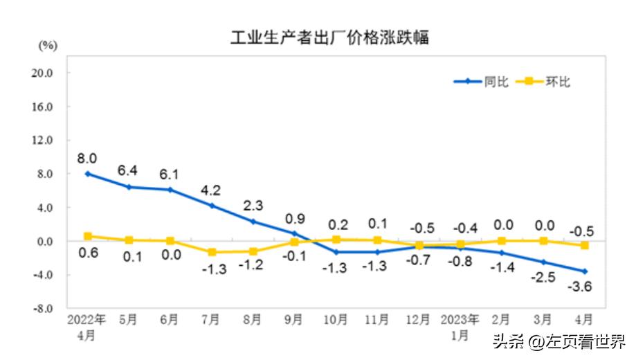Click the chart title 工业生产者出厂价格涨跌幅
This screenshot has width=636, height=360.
[x=329, y=37]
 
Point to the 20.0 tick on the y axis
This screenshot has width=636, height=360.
[x=43, y=73]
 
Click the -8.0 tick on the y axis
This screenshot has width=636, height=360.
[x=43, y=309]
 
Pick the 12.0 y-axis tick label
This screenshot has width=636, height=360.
[x=43, y=141]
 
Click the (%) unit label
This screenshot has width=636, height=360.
[x=47, y=46]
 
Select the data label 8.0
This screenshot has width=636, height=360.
[x=87, y=157]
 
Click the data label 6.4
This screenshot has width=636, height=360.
[x=128, y=170]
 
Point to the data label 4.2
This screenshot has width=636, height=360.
[x=211, y=189]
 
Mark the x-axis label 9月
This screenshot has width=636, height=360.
[x=293, y=320]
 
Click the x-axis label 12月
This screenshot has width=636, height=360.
[x=418, y=320]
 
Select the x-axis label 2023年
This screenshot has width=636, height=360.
[x=460, y=320]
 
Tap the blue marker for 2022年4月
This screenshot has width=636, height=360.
[x=87, y=174]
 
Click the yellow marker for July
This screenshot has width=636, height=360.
[x=212, y=253]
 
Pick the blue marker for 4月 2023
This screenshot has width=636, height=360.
[x=585, y=271]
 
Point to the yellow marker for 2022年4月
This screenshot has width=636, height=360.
[x=87, y=236]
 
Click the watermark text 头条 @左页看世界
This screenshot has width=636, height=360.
[x=558, y=341]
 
